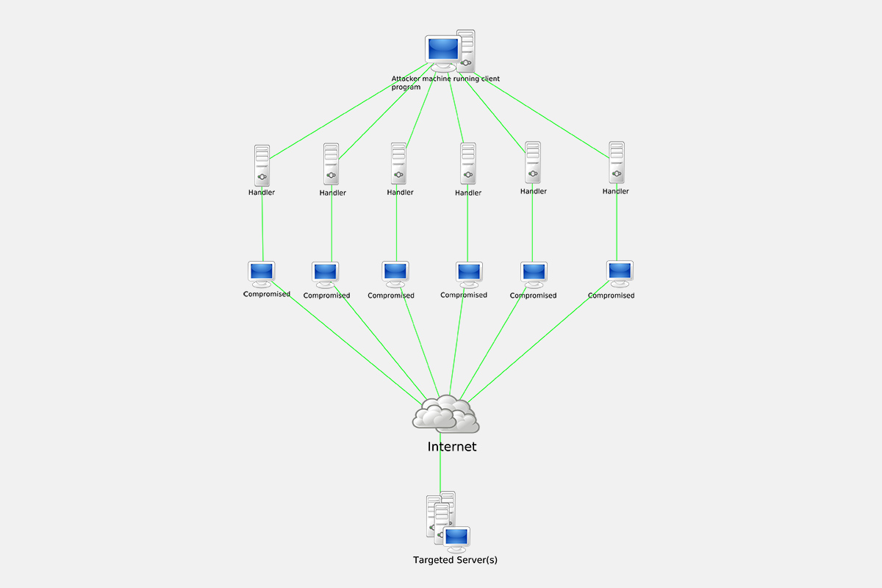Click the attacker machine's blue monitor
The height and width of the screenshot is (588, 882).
tap(442, 50)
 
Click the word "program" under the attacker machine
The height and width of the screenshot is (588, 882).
tap(406, 87)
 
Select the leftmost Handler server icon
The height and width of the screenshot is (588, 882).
tap(262, 165)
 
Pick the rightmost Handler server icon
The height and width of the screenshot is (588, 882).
tap(617, 162)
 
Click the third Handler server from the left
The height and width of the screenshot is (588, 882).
tap(398, 164)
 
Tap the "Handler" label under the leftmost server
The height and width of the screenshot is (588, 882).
tap(262, 193)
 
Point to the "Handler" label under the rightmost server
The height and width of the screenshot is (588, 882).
tap(616, 191)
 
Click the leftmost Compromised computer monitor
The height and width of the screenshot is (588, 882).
tap(262, 273)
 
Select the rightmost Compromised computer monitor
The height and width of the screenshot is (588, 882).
tap(620, 272)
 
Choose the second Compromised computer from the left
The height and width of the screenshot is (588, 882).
tap(325, 273)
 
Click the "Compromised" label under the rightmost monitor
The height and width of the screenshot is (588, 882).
tap(611, 295)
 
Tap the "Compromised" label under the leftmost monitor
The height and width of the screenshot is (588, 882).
tap(267, 294)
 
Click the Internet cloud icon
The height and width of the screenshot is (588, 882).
tap(445, 415)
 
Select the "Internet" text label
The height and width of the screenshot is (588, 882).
tap(452, 446)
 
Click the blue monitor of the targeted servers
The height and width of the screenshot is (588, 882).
tap(456, 537)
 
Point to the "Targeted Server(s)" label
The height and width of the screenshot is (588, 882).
tap(455, 560)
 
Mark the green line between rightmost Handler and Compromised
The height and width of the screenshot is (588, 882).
tap(617, 228)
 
